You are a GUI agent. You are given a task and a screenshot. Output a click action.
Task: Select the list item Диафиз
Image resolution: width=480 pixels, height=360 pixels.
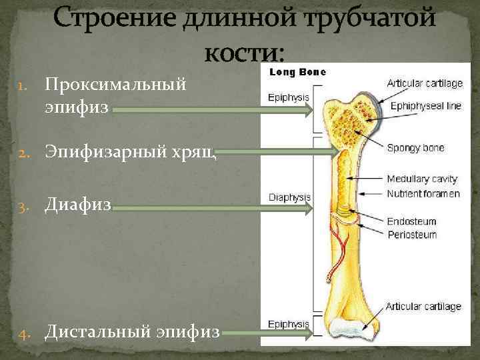click(79, 207)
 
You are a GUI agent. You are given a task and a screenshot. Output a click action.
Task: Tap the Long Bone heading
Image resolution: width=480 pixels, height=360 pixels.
click(297, 72)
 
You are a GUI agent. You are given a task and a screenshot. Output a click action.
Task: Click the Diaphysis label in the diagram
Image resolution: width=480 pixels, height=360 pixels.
click(289, 197)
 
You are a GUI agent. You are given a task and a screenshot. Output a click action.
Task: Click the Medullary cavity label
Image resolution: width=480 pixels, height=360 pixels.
click(422, 179)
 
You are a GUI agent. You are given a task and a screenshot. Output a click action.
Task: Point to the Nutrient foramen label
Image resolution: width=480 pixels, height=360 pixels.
click(423, 194)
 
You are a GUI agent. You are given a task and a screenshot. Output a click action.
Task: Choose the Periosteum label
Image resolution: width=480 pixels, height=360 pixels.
click(412, 235)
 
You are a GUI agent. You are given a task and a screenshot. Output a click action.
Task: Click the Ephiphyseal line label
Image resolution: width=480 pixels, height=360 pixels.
click(425, 106)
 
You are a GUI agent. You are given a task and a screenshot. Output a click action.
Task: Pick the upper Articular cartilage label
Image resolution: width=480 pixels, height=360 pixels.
click(425, 83)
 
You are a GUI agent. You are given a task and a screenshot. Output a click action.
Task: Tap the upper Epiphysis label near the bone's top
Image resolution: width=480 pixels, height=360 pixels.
click(288, 97)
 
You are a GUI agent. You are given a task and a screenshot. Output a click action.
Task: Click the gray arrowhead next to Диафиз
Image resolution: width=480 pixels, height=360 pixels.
click(308, 209)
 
